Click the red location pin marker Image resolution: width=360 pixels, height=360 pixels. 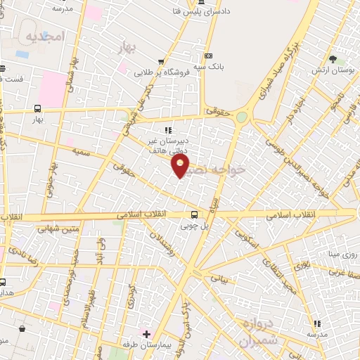tap(181, 166)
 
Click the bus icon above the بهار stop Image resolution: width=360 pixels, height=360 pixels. tap(37, 109)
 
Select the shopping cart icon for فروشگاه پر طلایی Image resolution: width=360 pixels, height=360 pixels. tap(161, 62)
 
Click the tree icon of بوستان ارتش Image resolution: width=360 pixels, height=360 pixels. tap(333, 59)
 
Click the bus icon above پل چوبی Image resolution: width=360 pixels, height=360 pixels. tap(195, 215)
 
